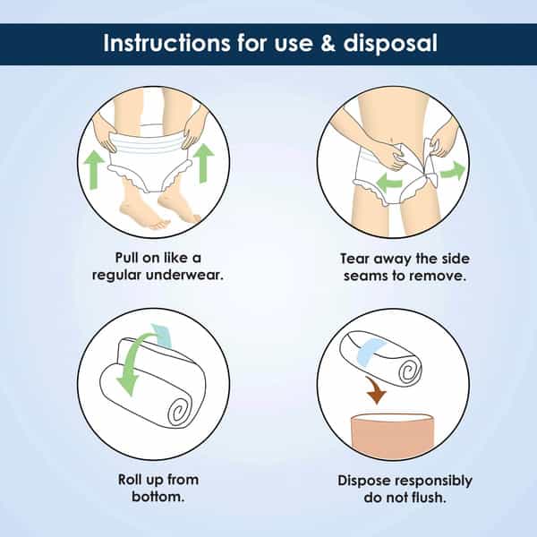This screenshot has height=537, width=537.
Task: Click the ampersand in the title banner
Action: pyautogui.click(x=328, y=43)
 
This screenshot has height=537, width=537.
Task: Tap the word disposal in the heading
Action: pyautogui.click(x=390, y=44)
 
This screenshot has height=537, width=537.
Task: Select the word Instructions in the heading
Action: pyautogui.click(x=166, y=43)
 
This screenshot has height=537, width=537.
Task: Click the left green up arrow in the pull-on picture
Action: pyautogui.click(x=94, y=170)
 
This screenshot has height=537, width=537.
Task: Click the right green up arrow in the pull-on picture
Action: pyautogui.click(x=204, y=163)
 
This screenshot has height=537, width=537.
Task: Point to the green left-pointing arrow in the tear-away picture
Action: pyautogui.click(x=388, y=183)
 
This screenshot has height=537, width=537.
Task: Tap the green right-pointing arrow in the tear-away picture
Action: pyautogui.click(x=453, y=171)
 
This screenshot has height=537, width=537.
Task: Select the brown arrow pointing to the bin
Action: pyautogui.click(x=376, y=390)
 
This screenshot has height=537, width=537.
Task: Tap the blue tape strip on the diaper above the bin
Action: pyautogui.click(x=371, y=351)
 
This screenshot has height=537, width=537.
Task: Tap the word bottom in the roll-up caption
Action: pyautogui.click(x=158, y=497)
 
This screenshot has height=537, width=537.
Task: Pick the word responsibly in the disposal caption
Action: pyautogui.click(x=434, y=482)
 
